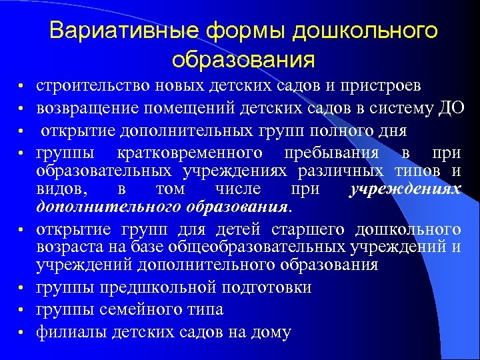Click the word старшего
(308, 230)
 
